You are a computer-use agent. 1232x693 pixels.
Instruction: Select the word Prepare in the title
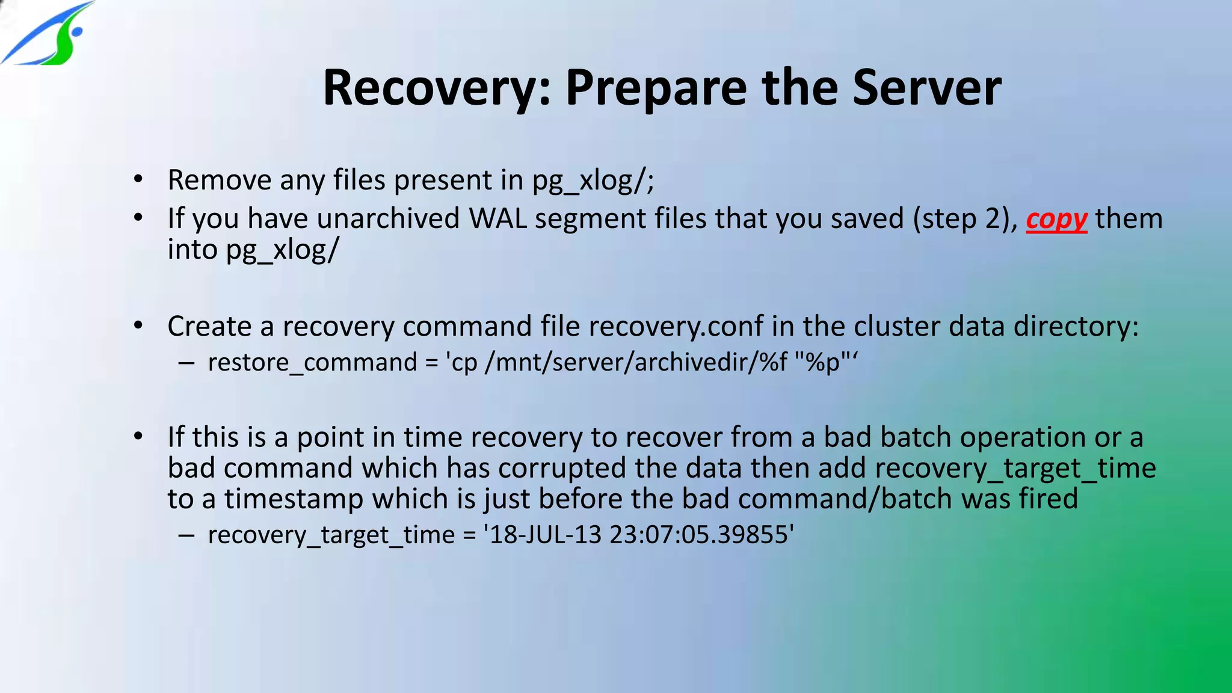pos(656,88)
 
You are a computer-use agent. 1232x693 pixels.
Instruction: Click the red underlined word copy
pos(1056,219)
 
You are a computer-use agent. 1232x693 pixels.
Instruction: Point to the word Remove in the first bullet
pos(219,180)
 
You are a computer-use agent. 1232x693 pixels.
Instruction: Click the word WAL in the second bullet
pos(497,218)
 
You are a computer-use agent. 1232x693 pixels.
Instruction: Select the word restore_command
pos(312,362)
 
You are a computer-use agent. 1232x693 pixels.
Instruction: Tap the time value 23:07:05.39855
pos(698,535)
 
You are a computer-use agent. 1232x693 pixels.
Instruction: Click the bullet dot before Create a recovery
pos(138,325)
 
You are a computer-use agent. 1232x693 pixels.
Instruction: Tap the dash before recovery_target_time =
pos(186,535)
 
